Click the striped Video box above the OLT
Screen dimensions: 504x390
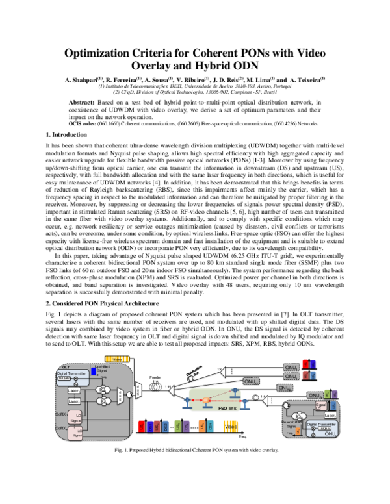click(x=117, y=359)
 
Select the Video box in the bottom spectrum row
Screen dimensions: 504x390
click(x=231, y=426)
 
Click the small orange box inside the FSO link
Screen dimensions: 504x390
click(x=205, y=399)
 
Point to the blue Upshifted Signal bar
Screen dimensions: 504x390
click(x=94, y=372)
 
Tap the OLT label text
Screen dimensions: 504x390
click(x=64, y=367)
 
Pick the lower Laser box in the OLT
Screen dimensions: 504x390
click(x=74, y=401)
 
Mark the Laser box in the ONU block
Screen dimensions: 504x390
click(x=330, y=415)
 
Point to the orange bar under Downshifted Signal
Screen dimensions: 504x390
click(x=298, y=431)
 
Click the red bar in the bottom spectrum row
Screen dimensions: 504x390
click(x=141, y=426)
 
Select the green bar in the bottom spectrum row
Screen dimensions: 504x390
click(x=177, y=426)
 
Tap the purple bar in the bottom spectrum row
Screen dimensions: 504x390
click(x=187, y=426)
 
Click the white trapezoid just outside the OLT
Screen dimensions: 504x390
click(x=138, y=390)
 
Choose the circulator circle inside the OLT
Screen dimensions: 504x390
click(x=129, y=394)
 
